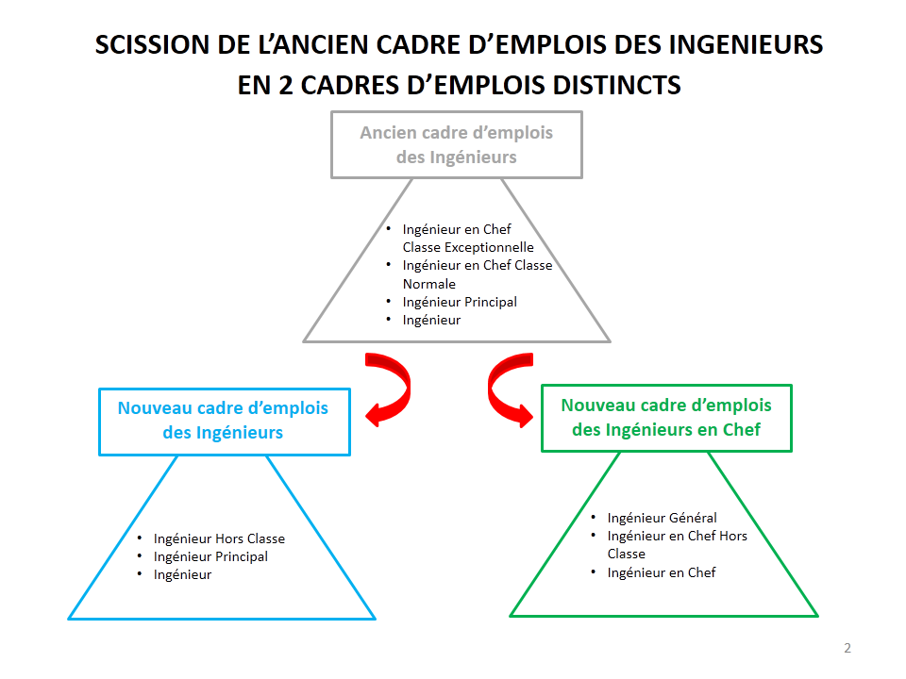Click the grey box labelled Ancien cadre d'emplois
tap(456, 144)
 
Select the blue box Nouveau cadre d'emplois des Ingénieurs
tap(224, 421)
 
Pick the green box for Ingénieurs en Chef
tap(665, 417)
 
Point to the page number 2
tap(847, 648)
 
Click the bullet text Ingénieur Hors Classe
tap(219, 538)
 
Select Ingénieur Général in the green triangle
tap(662, 518)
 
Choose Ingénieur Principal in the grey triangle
tap(460, 302)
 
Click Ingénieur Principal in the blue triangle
tap(210, 556)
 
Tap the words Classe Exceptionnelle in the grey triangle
tap(468, 247)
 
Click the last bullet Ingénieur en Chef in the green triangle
tap(662, 572)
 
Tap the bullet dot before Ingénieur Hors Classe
tap(141, 538)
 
